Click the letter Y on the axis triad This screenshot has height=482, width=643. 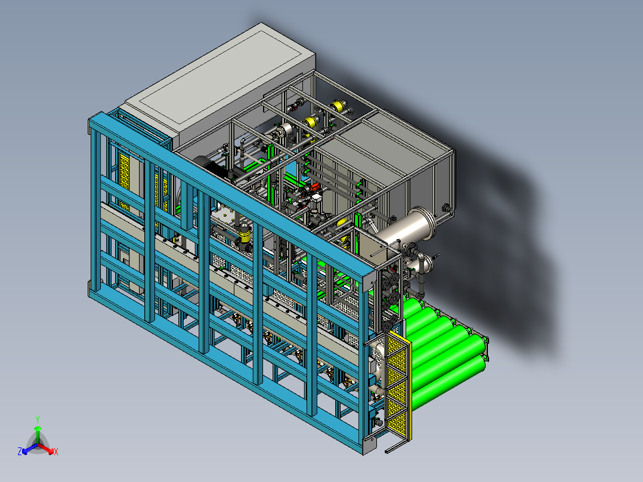click(38, 419)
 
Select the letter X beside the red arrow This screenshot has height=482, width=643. click(56, 452)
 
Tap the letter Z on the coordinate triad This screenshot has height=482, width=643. click(20, 451)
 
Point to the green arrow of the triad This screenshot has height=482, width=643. click(38, 434)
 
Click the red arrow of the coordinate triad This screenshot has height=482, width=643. click(46, 448)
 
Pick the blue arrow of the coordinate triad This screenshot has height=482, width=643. click(30, 449)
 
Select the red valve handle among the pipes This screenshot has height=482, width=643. click(314, 187)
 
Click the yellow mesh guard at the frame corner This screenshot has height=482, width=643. click(397, 385)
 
